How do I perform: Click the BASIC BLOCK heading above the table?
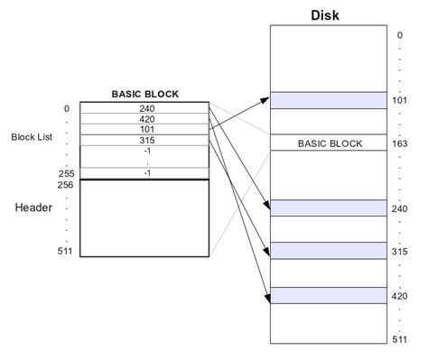(x=144, y=93)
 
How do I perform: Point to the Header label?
(x=34, y=208)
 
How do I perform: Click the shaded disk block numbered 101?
(x=330, y=100)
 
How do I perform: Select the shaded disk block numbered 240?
(x=330, y=208)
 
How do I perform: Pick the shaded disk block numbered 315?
(x=330, y=250)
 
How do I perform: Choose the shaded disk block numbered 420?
(x=330, y=294)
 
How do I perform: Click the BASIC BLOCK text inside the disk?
(x=330, y=143)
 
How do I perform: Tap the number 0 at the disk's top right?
(x=399, y=35)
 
